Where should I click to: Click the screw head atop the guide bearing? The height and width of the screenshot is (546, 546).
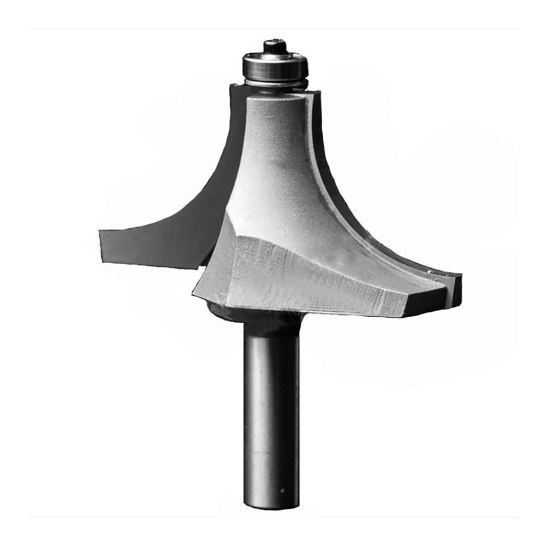click(275, 46)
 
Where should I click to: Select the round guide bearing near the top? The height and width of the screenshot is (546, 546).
click(275, 66)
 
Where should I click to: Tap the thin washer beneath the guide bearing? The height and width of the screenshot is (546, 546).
click(276, 84)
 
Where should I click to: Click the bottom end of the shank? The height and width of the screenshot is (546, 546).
click(271, 506)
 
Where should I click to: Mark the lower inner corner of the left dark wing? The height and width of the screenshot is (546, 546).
click(197, 268)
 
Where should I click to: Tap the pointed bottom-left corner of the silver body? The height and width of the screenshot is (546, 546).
click(194, 295)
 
